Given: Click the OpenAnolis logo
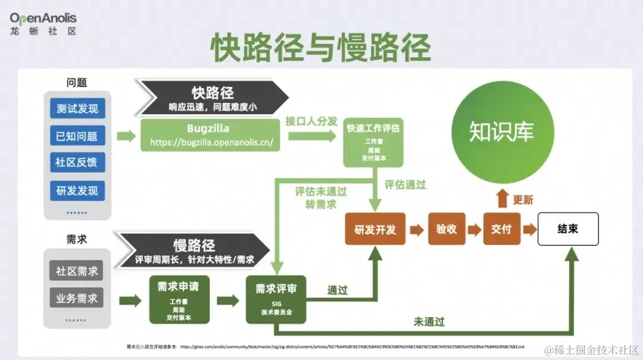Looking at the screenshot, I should (x=43, y=24).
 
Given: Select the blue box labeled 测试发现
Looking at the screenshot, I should (x=77, y=109).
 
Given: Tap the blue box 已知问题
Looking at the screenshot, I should (x=77, y=136).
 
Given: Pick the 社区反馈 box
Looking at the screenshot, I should (x=77, y=162).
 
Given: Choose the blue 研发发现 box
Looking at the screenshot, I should (x=77, y=191).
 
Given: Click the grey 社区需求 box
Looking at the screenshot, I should (x=77, y=271).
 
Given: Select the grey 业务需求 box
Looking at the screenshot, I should (x=77, y=298).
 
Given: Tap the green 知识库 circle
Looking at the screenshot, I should (x=502, y=133).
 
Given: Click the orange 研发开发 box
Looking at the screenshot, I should (x=375, y=229).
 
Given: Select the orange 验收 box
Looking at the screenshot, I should (x=447, y=229).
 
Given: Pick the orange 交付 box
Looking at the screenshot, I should (x=501, y=229).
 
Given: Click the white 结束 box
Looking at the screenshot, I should (x=567, y=229).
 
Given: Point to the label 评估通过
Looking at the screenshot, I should (x=405, y=185).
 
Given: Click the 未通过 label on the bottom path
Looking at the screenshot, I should (x=429, y=322).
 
